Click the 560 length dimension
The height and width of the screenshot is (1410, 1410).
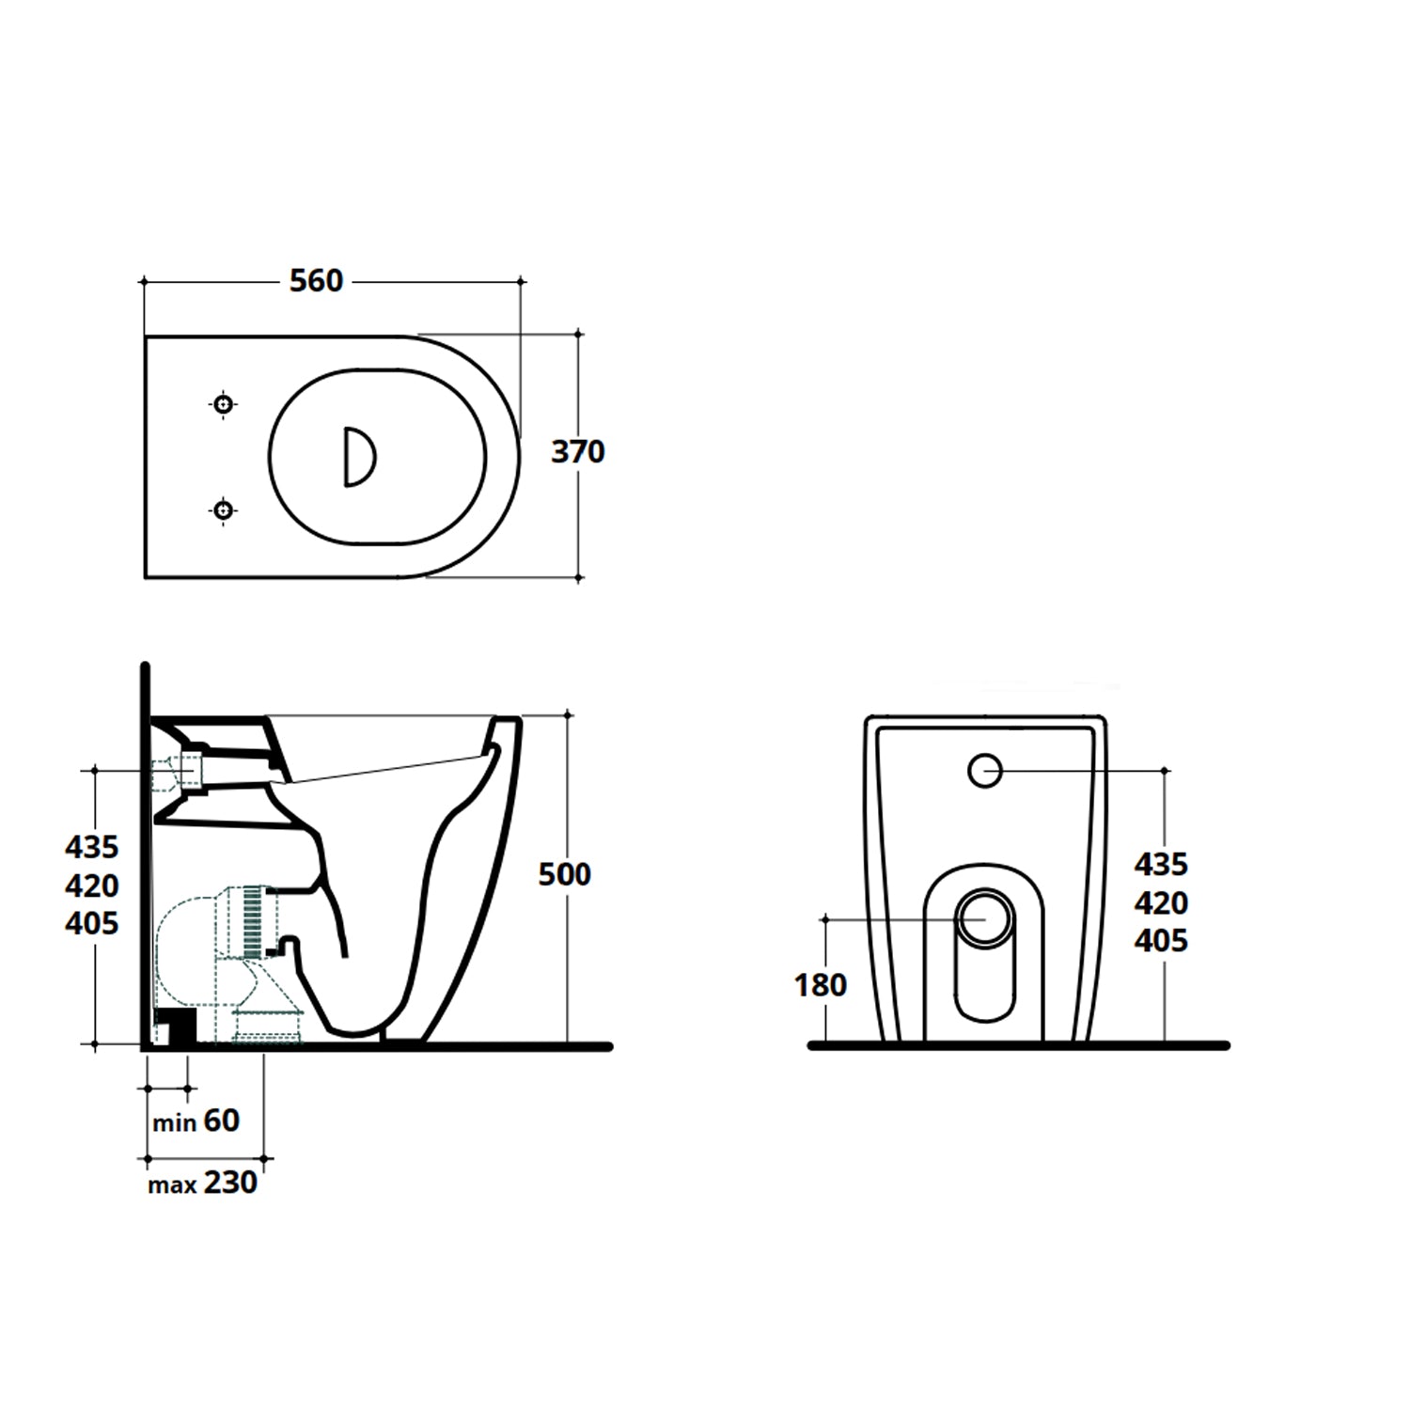pyautogui.click(x=316, y=281)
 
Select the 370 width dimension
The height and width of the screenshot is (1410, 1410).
pyautogui.click(x=577, y=452)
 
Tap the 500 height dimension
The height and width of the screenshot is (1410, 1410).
pyautogui.click(x=564, y=874)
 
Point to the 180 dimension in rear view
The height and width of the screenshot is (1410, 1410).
pyautogui.click(x=820, y=985)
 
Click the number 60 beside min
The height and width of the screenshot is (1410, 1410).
pyautogui.click(x=222, y=1120)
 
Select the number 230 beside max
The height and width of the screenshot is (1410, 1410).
pyautogui.click(x=230, y=1183)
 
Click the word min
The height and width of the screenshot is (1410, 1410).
pyautogui.click(x=175, y=1123)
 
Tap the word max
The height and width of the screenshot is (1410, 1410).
pyautogui.click(x=172, y=1185)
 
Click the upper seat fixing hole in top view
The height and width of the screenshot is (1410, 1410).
pyautogui.click(x=223, y=405)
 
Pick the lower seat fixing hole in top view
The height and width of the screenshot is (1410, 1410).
pyautogui.click(x=223, y=510)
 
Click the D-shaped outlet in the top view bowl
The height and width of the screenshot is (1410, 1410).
pyautogui.click(x=358, y=457)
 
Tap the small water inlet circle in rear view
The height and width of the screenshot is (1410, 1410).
pyautogui.click(x=985, y=771)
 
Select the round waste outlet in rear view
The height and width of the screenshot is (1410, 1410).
pyautogui.click(x=985, y=916)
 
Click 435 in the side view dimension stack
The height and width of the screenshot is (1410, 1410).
pyautogui.click(x=92, y=848)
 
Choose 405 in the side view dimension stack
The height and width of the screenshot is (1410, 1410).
pyautogui.click(x=92, y=924)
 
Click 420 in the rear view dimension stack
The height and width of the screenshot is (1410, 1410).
pyautogui.click(x=1161, y=903)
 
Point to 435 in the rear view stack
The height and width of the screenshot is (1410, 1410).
pyautogui.click(x=1161, y=864)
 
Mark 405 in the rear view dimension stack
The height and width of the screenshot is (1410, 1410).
pyautogui.click(x=1161, y=941)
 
